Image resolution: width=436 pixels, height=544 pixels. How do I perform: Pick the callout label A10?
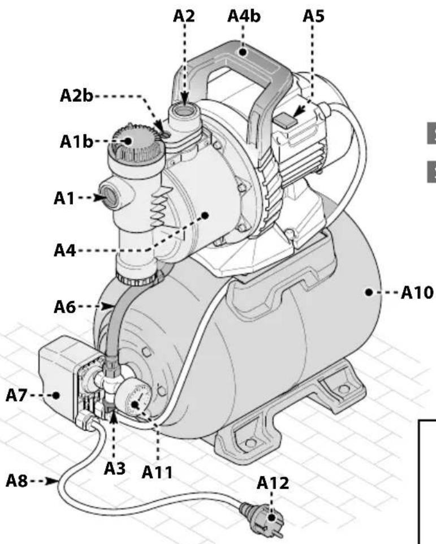pos(415,293)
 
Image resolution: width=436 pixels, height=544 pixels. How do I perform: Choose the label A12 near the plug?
pos(272,483)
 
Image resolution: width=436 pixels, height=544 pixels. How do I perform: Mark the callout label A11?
pos(158,470)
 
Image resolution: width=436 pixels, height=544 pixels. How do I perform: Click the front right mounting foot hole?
pos(340,390)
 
